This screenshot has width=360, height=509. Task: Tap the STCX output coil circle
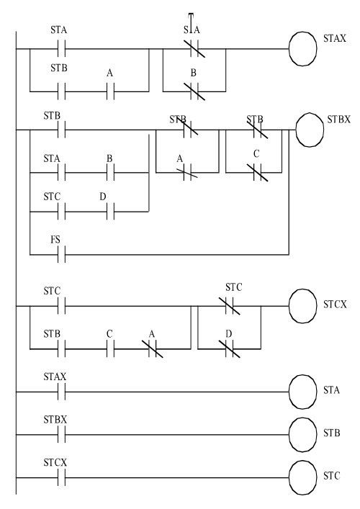click(303, 305)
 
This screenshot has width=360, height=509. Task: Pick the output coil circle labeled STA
click(303, 392)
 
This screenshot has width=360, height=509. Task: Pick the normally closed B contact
click(193, 91)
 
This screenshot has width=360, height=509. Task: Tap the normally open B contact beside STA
click(112, 173)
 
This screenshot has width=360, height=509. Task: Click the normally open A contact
click(112, 91)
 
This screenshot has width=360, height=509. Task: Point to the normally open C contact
click(112, 349)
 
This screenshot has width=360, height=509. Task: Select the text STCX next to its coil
click(336, 305)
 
